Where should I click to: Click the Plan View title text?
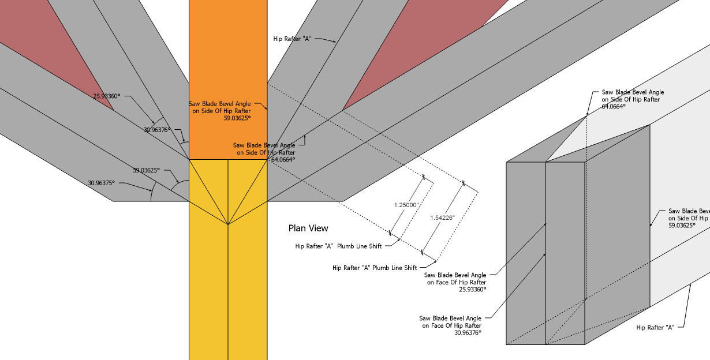[x=309, y=228]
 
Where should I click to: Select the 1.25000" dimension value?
[x=406, y=205]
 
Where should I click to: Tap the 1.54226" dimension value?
[x=442, y=217]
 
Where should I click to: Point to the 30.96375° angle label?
[x=102, y=183]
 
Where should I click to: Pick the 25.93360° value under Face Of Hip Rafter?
[x=472, y=290]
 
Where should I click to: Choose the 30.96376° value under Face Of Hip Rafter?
[x=468, y=332]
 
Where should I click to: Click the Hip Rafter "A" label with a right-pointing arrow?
[x=292, y=39]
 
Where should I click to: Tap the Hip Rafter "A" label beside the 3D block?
[x=655, y=327]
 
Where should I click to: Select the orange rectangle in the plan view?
[x=228, y=58]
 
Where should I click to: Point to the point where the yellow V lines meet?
[x=228, y=224]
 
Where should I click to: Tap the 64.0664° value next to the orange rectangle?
[x=283, y=159]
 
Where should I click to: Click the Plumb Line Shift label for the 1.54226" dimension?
[x=375, y=268]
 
